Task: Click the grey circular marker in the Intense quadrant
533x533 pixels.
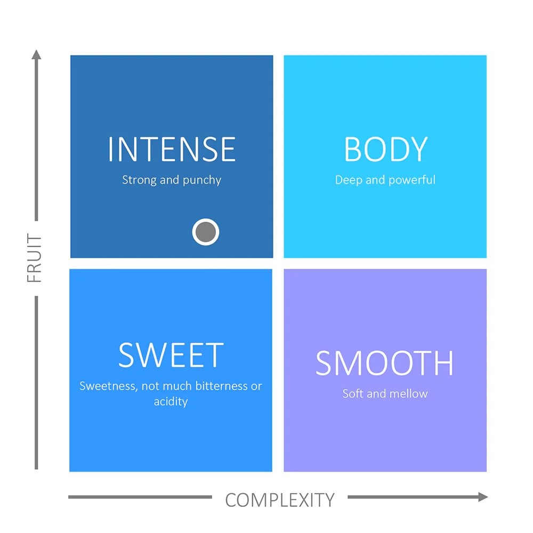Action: click(x=206, y=232)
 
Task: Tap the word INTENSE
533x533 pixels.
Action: click(x=172, y=149)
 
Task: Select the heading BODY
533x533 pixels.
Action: click(x=385, y=149)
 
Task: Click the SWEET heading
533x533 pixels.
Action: click(x=171, y=355)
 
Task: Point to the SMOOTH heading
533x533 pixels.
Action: click(x=384, y=364)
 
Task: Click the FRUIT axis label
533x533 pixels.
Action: click(x=34, y=258)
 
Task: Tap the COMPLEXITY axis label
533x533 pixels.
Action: click(x=280, y=500)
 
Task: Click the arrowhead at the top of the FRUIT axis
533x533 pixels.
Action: click(x=36, y=54)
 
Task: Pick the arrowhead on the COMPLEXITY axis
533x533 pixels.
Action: click(x=483, y=497)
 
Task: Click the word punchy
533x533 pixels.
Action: click(x=202, y=180)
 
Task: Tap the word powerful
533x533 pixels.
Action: click(x=411, y=180)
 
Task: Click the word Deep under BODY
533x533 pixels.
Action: click(x=349, y=180)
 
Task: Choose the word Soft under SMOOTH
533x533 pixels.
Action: click(x=353, y=394)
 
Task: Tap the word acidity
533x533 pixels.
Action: click(x=171, y=402)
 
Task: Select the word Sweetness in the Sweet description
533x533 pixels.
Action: click(x=108, y=386)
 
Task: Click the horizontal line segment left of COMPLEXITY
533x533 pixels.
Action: click(x=140, y=497)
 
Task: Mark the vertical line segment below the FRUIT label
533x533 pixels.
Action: click(x=36, y=383)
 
